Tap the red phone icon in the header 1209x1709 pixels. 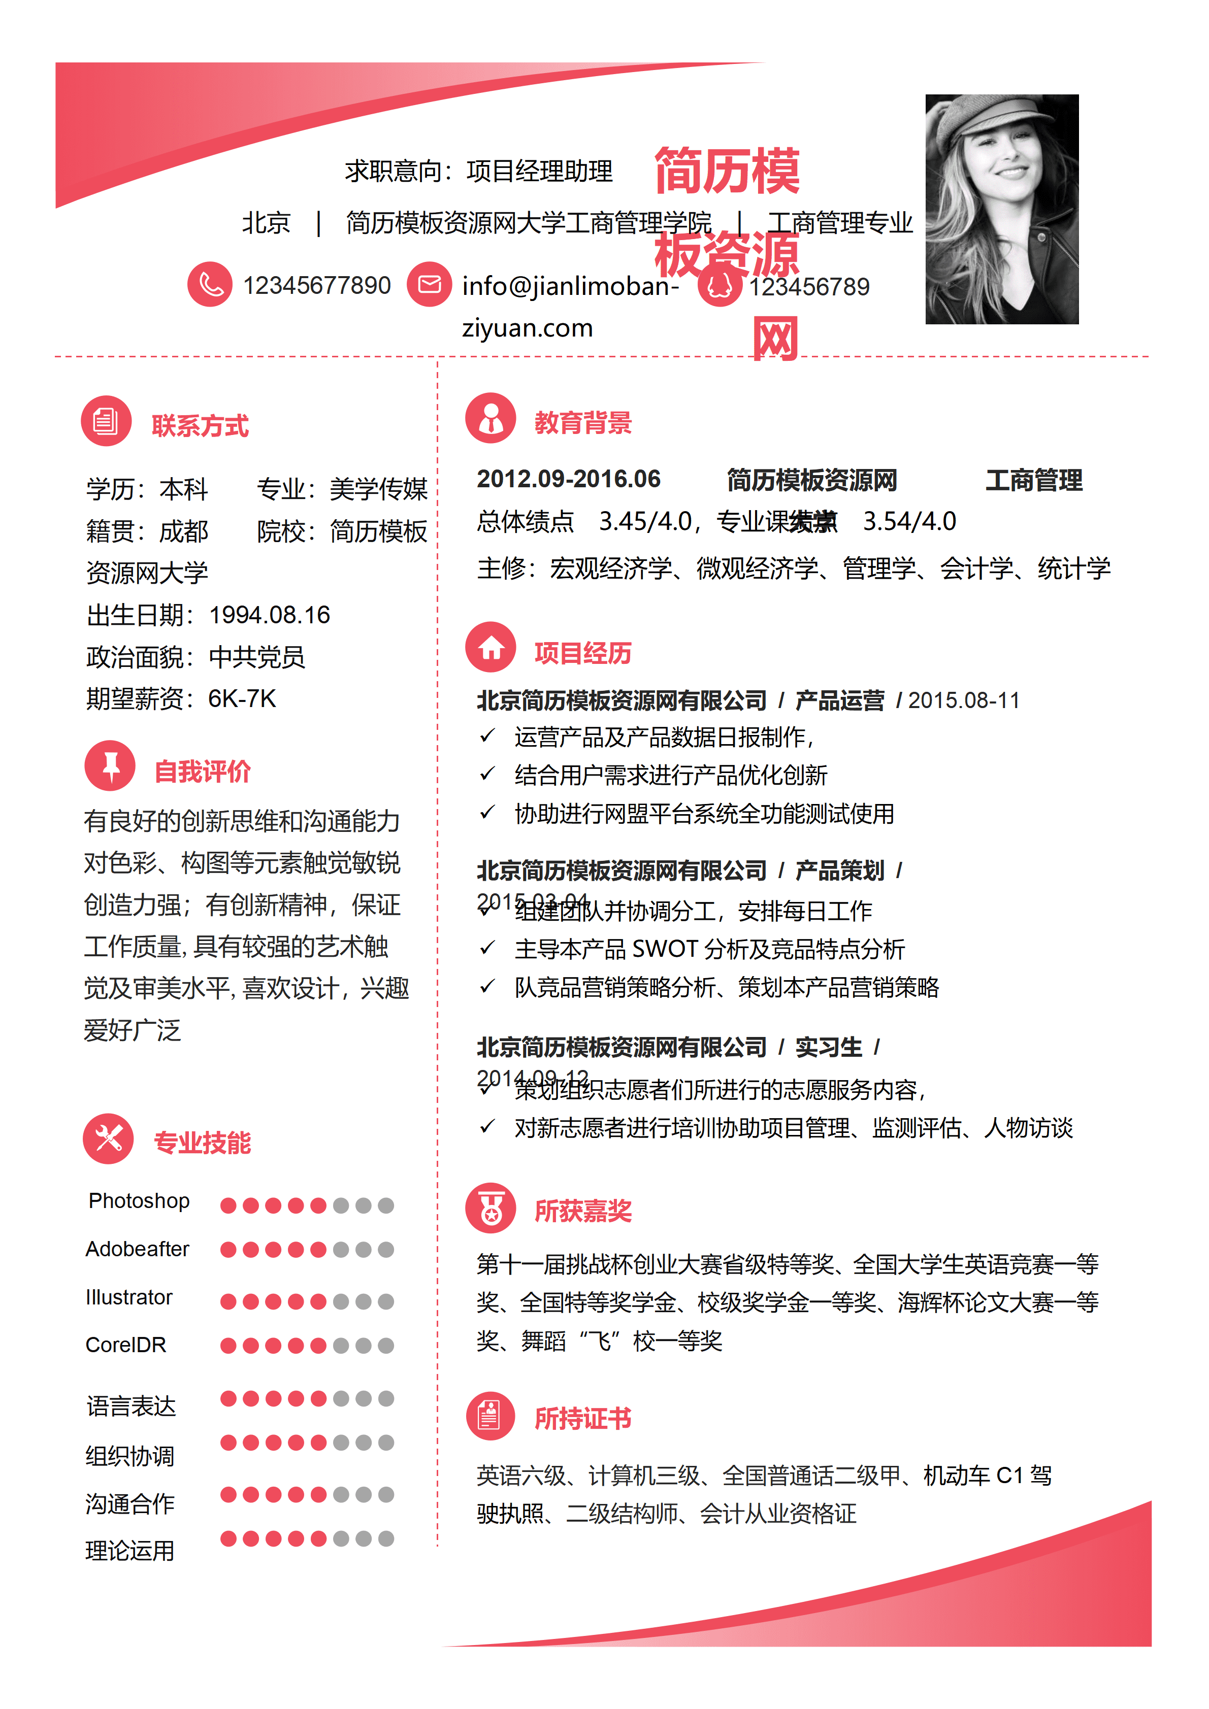[210, 284]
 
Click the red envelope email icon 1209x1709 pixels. [430, 284]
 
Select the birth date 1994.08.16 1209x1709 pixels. [270, 615]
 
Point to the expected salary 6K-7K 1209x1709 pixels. [242, 698]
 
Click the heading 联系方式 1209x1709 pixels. [200, 426]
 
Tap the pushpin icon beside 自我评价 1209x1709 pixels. [110, 765]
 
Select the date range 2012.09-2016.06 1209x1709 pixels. [569, 479]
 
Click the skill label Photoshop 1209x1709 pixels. [139, 1200]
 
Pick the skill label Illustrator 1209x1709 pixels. [129, 1297]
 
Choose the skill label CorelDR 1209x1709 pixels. [126, 1345]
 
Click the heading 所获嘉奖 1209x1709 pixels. [583, 1211]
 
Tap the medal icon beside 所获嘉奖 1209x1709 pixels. [491, 1208]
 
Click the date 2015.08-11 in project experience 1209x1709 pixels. [964, 700]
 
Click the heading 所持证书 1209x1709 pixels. [583, 1419]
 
